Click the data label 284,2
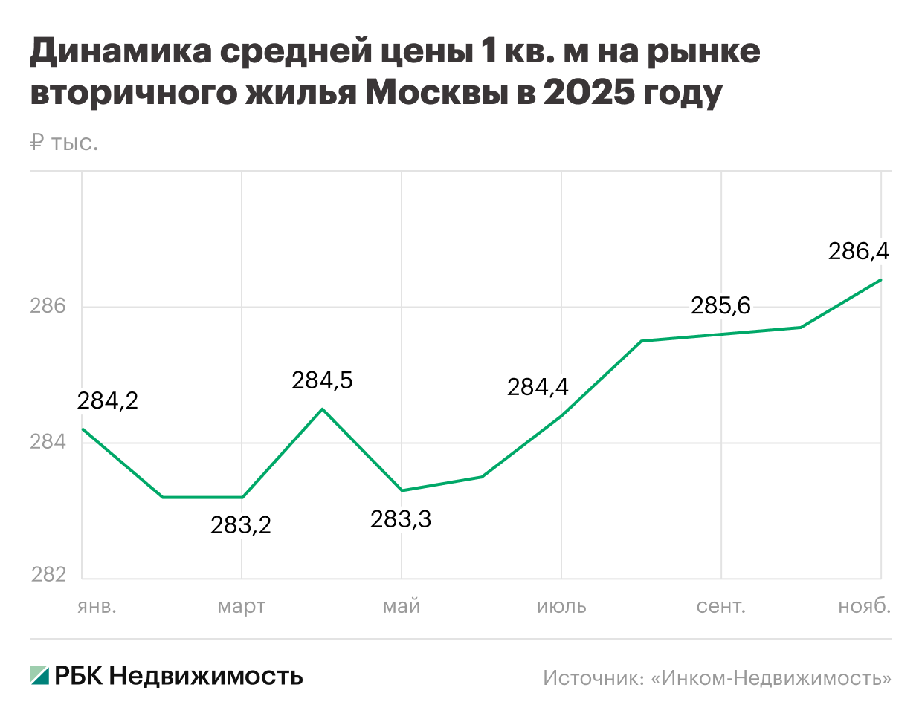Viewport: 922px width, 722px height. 108,401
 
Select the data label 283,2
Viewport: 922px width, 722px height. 241,526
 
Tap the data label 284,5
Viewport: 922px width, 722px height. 322,381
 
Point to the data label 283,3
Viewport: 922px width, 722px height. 401,519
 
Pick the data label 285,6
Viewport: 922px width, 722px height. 720,305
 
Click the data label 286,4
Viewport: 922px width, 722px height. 859,252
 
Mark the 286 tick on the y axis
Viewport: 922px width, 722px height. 48,306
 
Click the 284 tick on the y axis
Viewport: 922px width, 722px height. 48,443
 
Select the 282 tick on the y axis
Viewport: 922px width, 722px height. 48,575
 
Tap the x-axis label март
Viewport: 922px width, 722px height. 242,607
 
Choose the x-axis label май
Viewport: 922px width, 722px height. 402,607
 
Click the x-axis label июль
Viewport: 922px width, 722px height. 561,607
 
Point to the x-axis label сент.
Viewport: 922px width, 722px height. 721,607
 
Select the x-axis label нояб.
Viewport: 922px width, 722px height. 865,607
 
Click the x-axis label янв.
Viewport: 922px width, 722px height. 97,607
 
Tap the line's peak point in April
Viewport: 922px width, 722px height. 322,409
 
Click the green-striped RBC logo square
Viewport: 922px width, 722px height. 39,675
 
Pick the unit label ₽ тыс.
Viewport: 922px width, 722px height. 64,143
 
